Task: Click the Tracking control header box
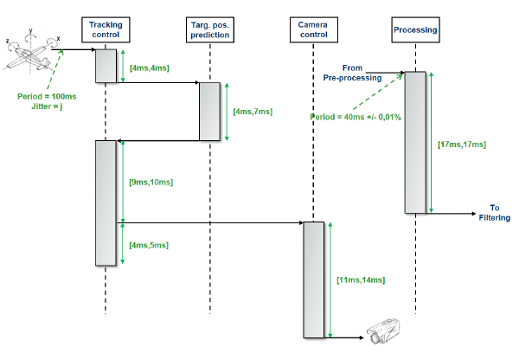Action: (105, 30)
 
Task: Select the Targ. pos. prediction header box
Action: (210, 30)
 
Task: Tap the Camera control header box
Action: (312, 30)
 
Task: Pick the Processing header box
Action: (415, 30)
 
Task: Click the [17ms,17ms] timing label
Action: (462, 143)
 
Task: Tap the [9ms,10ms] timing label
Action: (151, 183)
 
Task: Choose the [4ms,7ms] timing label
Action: (253, 112)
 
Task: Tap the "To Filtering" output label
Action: (494, 213)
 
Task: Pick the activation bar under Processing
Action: (415, 142)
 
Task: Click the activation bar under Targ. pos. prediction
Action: (210, 112)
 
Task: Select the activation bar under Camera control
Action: (312, 280)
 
